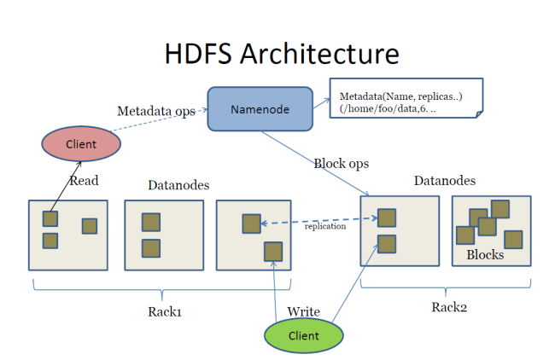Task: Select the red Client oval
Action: point(81,143)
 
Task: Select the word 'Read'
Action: point(84,180)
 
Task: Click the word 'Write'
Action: point(304,311)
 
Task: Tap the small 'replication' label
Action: point(325,226)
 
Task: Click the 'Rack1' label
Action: point(165,311)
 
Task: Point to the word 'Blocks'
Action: point(484,254)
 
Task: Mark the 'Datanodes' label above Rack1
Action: point(178,185)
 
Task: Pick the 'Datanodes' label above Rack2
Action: point(445,181)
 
